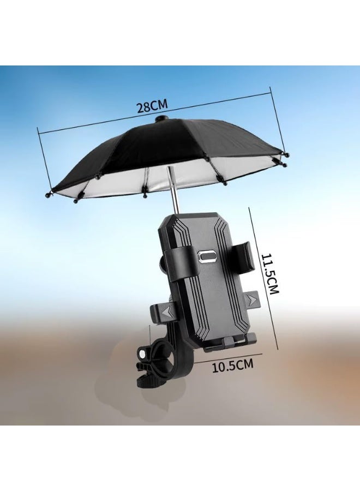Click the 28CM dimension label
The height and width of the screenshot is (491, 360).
pyautogui.click(x=152, y=106)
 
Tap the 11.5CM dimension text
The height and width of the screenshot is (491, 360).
pyautogui.click(x=270, y=273)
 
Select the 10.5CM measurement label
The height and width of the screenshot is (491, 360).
pyautogui.click(x=232, y=366)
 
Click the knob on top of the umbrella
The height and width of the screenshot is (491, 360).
pyautogui.click(x=162, y=118)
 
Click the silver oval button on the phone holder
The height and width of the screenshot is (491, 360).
pyautogui.click(x=207, y=256)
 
